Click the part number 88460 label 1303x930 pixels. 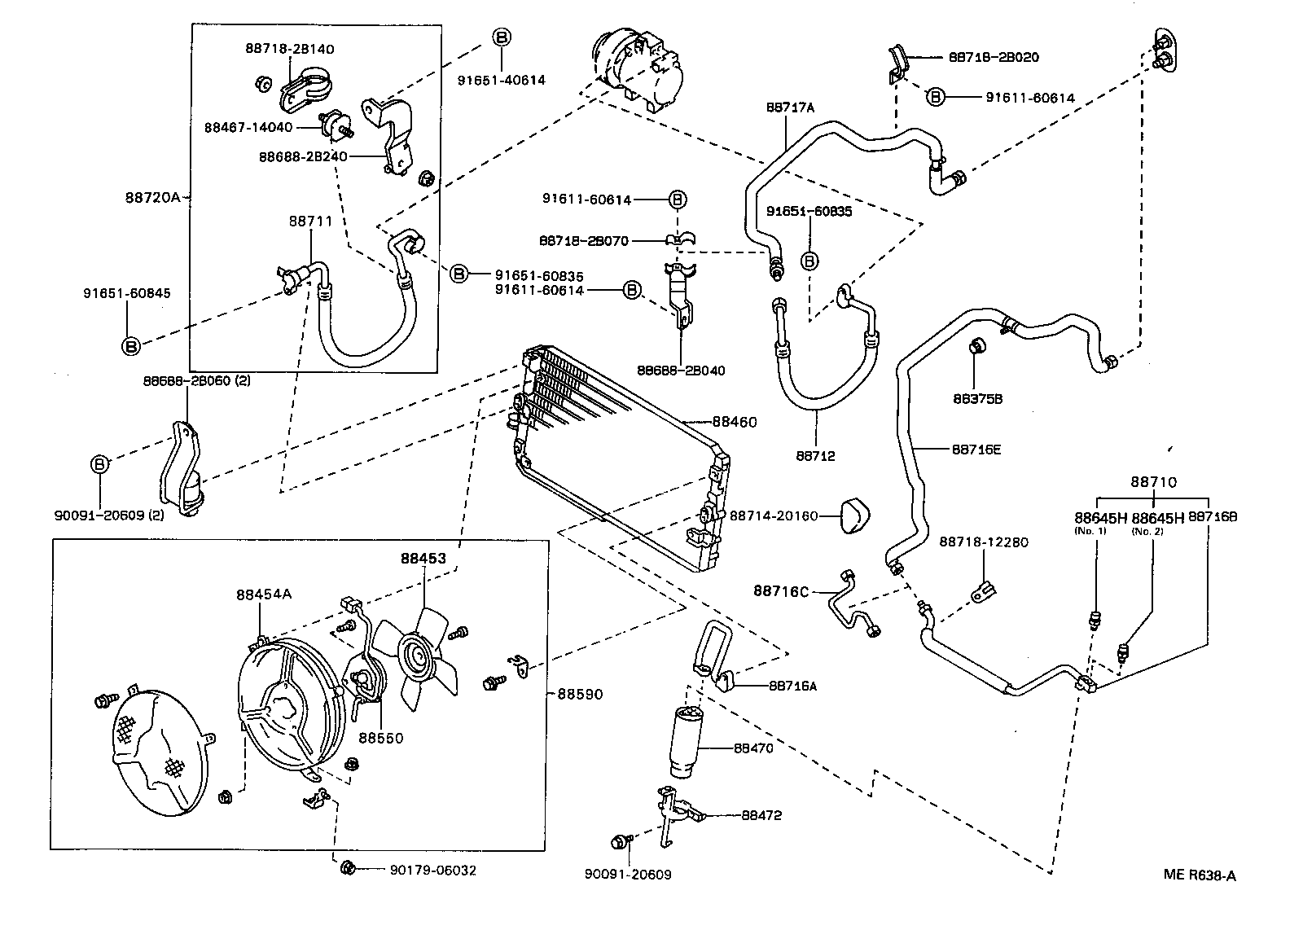734,422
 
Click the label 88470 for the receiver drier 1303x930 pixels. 752,748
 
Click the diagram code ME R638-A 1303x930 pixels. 1199,875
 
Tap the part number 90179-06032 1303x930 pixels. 432,871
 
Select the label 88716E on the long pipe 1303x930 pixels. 976,448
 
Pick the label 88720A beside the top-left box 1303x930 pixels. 152,196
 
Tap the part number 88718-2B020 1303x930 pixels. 994,58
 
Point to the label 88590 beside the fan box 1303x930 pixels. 580,694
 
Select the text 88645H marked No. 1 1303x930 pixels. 1099,517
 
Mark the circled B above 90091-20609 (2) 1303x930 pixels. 99,464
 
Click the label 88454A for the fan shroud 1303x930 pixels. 264,594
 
